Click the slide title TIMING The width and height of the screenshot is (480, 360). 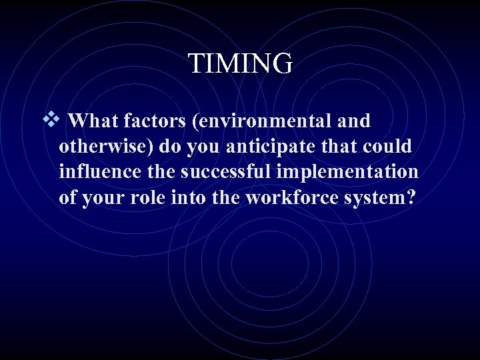point(240,64)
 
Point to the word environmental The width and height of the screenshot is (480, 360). point(257,121)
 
